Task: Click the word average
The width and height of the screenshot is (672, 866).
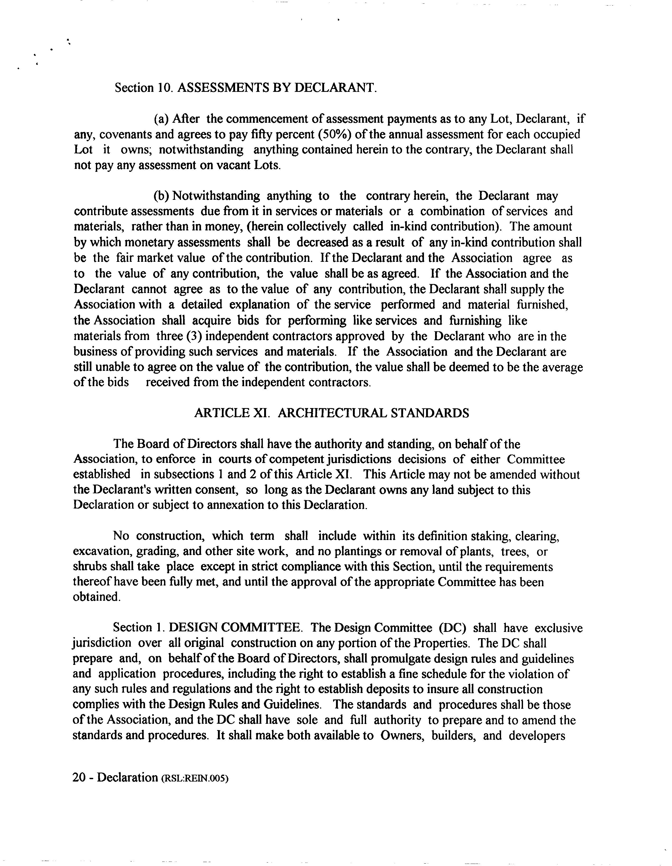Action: [562, 367]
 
